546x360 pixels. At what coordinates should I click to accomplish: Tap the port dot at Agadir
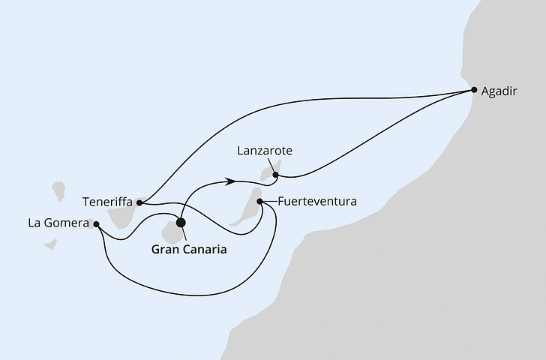tap(474, 90)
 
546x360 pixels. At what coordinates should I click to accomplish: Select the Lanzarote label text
tap(264, 151)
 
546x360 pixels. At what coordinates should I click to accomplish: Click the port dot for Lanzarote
tap(276, 175)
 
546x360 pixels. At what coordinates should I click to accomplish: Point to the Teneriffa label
tap(109, 202)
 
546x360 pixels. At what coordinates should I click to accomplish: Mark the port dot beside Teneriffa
tap(140, 202)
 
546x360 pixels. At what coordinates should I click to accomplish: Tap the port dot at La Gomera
tap(97, 223)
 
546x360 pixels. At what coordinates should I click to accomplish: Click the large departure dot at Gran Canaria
tap(180, 222)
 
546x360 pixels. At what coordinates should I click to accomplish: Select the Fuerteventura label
tap(316, 202)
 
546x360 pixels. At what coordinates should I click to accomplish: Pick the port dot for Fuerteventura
tap(260, 201)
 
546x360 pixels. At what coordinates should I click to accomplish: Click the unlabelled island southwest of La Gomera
tap(49, 244)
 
